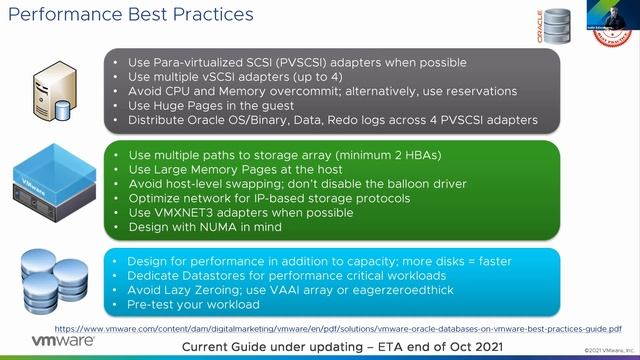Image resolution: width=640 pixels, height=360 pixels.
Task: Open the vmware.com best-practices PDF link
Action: click(337, 328)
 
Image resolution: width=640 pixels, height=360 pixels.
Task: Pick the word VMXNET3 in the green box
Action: click(188, 213)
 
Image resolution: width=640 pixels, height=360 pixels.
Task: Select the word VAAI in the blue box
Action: click(279, 290)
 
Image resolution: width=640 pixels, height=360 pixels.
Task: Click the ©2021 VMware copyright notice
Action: click(606, 350)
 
